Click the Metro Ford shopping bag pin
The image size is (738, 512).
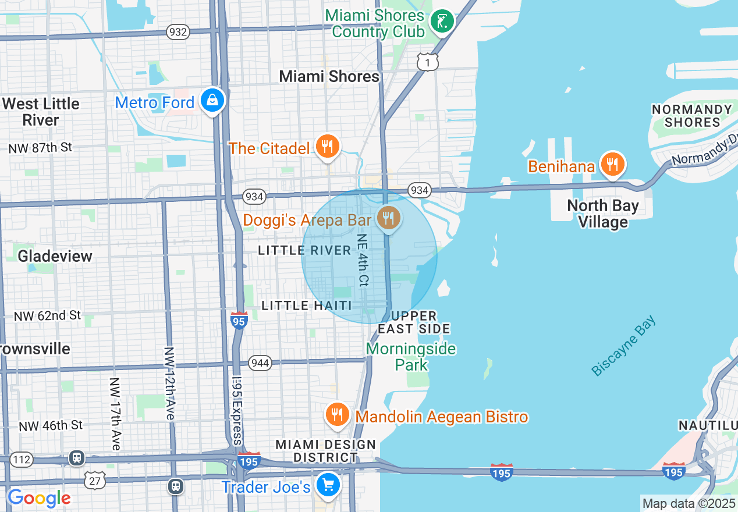point(213,101)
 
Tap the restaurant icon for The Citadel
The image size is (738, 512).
point(328,147)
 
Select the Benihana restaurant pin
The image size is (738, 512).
point(612,165)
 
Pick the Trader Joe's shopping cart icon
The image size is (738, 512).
point(328,484)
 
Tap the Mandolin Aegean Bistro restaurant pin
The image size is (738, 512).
point(336,415)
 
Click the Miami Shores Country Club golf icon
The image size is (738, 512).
point(442,22)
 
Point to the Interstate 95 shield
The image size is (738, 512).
point(239,320)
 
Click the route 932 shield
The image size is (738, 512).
point(178,31)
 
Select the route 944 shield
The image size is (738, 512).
point(260,363)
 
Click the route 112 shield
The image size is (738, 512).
point(22,460)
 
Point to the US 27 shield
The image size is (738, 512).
point(94,481)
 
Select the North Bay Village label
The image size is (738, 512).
point(602,214)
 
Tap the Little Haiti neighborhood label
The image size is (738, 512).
point(306,305)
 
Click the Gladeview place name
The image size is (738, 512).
point(55,256)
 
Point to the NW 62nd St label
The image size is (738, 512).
point(47,316)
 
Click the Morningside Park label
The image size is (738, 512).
point(411,357)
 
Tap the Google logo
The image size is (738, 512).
point(38,498)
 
